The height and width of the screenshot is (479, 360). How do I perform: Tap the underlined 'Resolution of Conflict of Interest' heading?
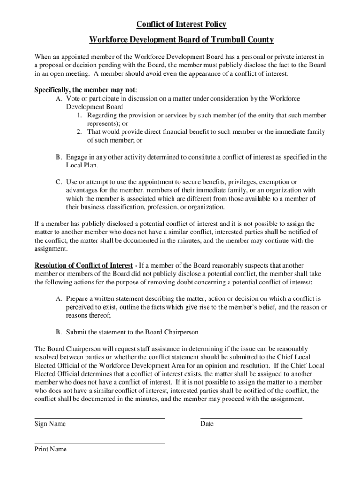(x=83, y=266)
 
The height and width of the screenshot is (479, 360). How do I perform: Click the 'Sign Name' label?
(x=50, y=424)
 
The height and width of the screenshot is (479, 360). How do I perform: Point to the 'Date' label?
(x=207, y=424)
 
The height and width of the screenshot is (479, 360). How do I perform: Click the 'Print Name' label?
(x=50, y=449)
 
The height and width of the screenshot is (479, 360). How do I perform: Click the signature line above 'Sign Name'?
(x=100, y=418)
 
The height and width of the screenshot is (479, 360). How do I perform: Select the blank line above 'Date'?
(x=251, y=418)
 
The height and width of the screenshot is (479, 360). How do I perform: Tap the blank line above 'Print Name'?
(x=100, y=443)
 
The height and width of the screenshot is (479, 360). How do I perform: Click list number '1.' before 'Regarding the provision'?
(x=80, y=115)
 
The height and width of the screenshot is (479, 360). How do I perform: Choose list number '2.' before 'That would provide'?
(x=80, y=132)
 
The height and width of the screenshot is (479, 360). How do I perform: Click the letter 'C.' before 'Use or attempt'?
(x=59, y=181)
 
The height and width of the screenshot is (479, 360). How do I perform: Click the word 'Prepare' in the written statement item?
(x=78, y=298)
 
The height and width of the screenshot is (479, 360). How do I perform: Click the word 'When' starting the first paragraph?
(x=43, y=57)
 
